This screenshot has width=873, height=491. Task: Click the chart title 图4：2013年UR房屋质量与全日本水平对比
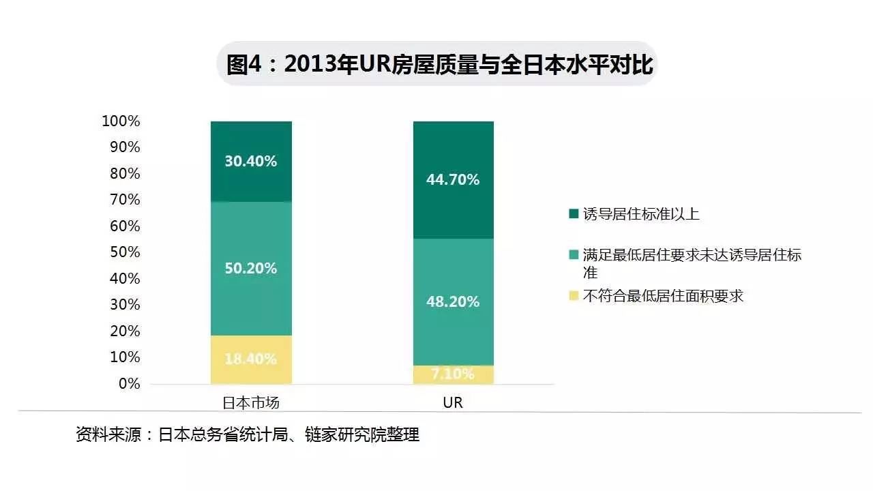(436, 64)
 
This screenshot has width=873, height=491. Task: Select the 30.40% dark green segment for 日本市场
(251, 162)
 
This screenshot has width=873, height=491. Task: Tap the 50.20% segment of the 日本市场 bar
(251, 268)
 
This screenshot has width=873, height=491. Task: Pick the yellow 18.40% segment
(251, 359)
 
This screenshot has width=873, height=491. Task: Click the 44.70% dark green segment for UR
(454, 180)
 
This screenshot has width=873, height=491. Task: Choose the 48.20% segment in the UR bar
(454, 301)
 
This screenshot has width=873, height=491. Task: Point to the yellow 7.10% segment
(454, 374)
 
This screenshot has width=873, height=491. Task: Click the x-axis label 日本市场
(251, 402)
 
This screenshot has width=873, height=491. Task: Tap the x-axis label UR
(453, 402)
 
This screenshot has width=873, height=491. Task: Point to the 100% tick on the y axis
(121, 121)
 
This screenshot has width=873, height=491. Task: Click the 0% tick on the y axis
(129, 383)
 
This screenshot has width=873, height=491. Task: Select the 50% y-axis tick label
(125, 252)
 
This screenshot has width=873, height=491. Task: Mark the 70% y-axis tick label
(125, 200)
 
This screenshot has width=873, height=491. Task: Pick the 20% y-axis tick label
(125, 331)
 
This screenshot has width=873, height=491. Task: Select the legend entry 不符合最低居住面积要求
(662, 296)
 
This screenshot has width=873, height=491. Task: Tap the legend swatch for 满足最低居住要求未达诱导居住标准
(573, 256)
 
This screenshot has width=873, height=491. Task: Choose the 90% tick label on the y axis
(125, 147)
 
